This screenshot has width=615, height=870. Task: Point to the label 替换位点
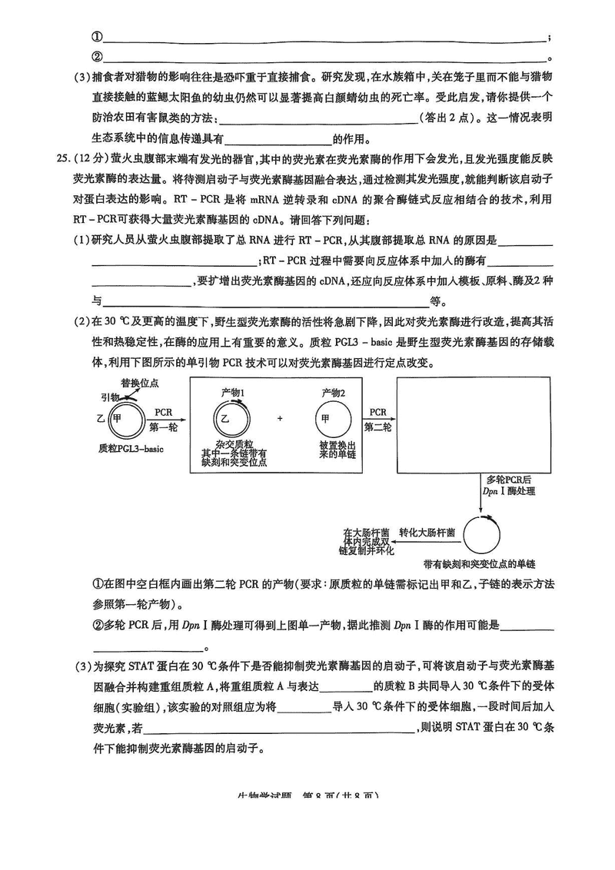(139, 382)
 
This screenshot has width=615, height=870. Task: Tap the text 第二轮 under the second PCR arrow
(377, 426)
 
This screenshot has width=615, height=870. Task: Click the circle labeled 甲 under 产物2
(334, 419)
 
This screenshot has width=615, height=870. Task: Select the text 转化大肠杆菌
(427, 532)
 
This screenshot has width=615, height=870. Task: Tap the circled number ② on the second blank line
(97, 57)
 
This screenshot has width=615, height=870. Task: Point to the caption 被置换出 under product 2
(334, 444)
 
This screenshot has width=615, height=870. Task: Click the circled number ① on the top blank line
(97, 36)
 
